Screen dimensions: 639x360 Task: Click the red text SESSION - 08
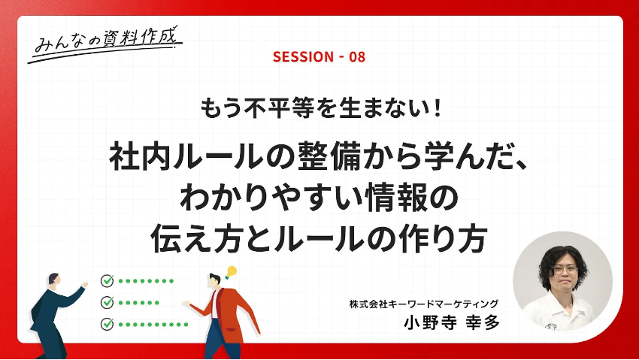319,56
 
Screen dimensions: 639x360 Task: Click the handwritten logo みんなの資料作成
105,42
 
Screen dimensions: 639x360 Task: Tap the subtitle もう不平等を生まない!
320,108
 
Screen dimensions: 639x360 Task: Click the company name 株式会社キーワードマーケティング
423,304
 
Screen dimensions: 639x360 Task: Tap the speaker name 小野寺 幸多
452,322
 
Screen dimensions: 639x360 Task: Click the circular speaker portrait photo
562,281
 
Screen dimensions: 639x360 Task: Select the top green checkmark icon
108,280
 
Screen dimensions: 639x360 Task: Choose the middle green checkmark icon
108,302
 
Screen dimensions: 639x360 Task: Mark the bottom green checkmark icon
108,324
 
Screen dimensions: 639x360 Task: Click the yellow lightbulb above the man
231,271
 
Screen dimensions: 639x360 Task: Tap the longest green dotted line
153,325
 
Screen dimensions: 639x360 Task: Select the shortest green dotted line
138,303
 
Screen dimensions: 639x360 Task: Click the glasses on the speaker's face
565,269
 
